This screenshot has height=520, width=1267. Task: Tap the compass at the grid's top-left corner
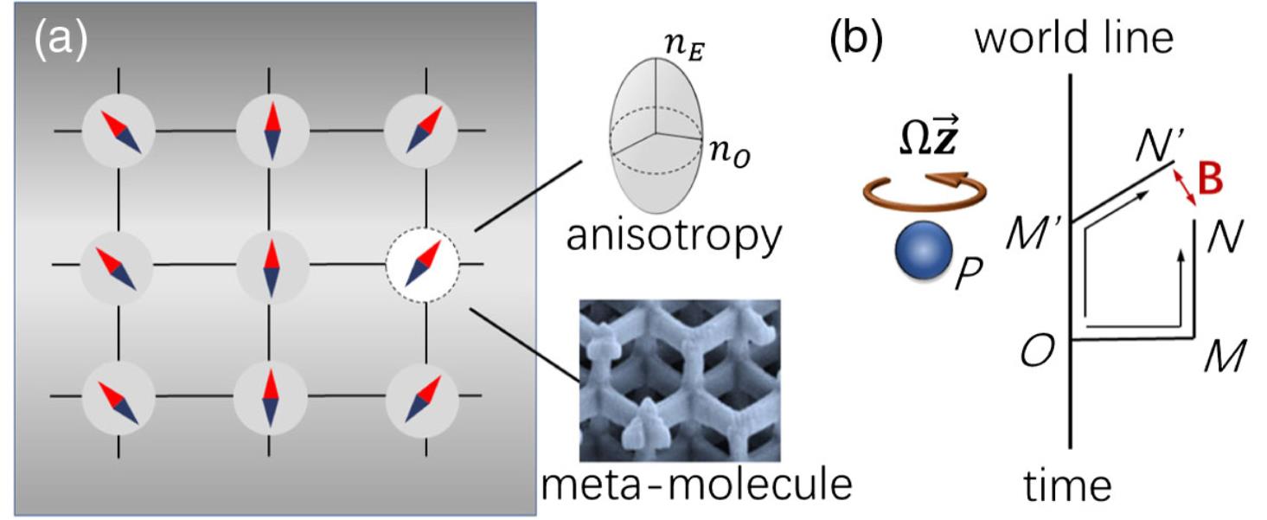click(x=118, y=132)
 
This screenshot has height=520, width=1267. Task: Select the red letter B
click(x=1215, y=184)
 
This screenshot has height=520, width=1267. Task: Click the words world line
click(x=1074, y=39)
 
